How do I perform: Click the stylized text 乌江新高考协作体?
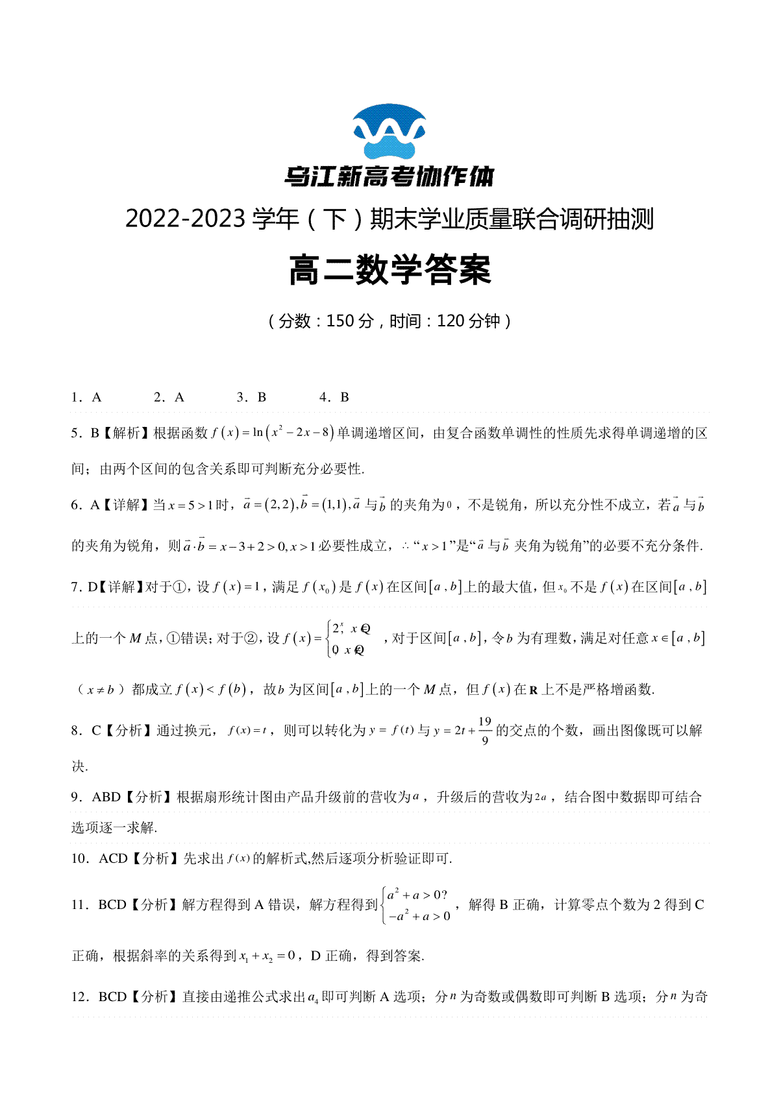click(389, 176)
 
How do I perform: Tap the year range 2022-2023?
click(184, 219)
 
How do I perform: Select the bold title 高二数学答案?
click(389, 270)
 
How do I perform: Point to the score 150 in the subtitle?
click(340, 321)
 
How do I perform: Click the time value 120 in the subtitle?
click(451, 321)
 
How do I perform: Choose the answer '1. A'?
click(86, 397)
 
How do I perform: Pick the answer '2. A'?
click(169, 397)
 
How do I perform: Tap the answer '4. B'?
click(334, 397)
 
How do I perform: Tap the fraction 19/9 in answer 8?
click(485, 731)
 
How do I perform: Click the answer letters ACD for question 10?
click(113, 858)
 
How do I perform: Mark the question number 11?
click(79, 904)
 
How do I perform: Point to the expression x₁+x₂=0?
click(267, 956)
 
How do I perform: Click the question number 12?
click(79, 997)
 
